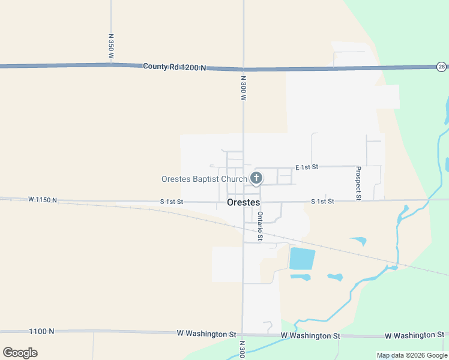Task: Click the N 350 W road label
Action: pyautogui.click(x=111, y=46)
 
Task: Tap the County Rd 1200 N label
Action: pyautogui.click(x=174, y=67)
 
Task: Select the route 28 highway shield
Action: pyautogui.click(x=441, y=67)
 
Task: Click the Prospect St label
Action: pyautogui.click(x=358, y=183)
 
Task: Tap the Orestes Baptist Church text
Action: pyautogui.click(x=204, y=179)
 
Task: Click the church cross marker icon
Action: pyautogui.click(x=256, y=178)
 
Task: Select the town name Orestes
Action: pyautogui.click(x=244, y=202)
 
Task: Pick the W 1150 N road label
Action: pyautogui.click(x=42, y=200)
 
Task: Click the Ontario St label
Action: pyautogui.click(x=261, y=226)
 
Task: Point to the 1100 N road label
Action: pyautogui.click(x=41, y=331)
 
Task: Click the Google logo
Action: pyautogui.click(x=20, y=352)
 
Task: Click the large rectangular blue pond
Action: pyautogui.click(x=302, y=258)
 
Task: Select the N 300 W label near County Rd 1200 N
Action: pyautogui.click(x=244, y=88)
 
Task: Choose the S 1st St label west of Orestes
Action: pyautogui.click(x=171, y=202)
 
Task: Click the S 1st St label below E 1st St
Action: pyautogui.click(x=322, y=202)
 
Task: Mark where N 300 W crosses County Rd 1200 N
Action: pyautogui.click(x=243, y=68)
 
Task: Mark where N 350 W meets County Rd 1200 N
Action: pyautogui.click(x=111, y=64)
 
